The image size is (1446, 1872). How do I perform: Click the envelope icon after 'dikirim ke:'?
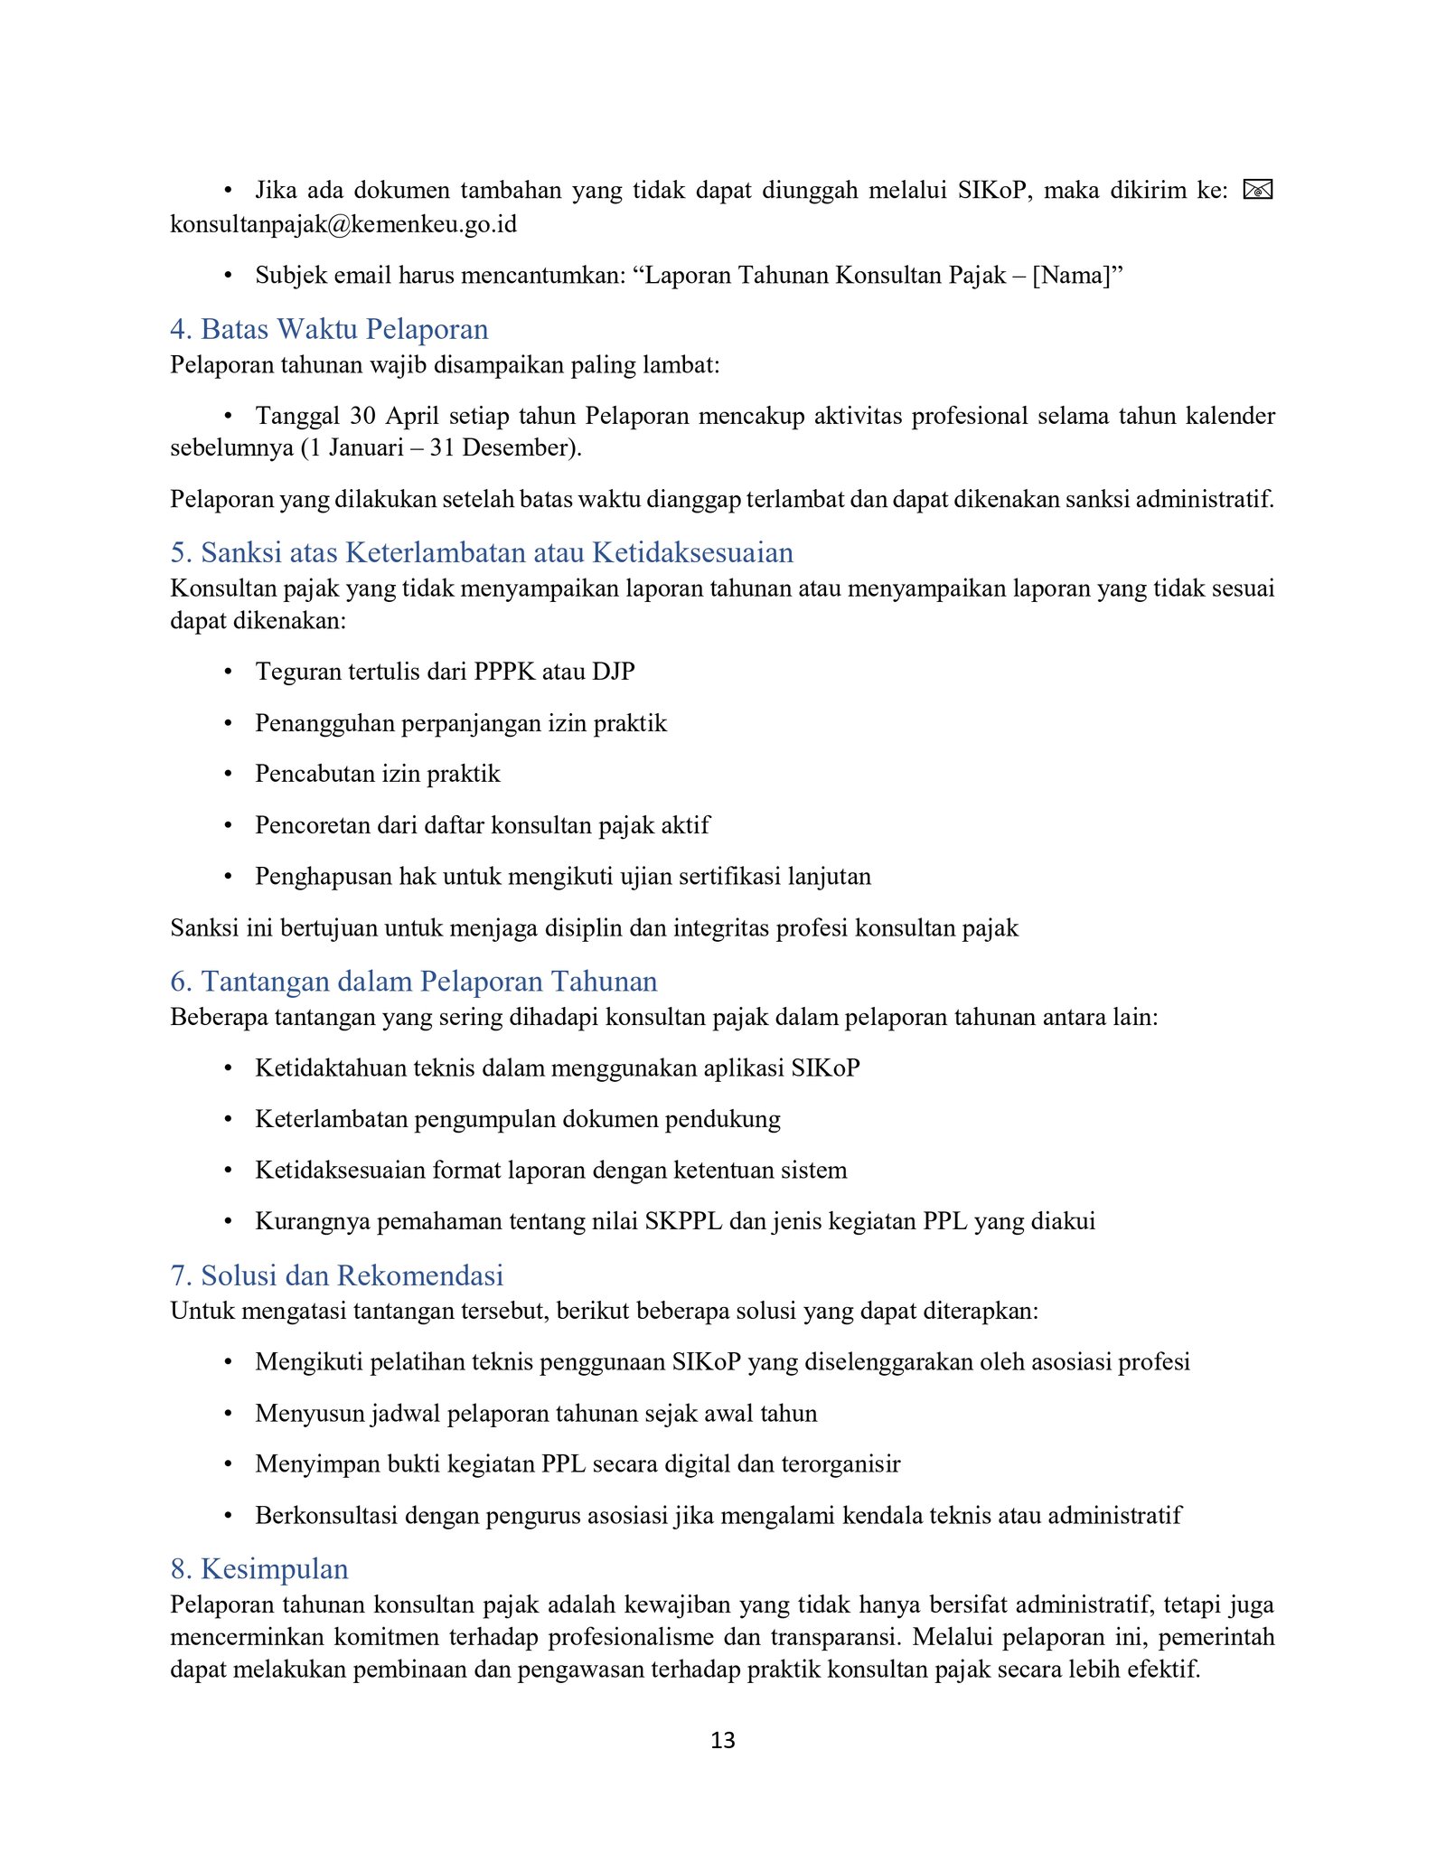(1257, 190)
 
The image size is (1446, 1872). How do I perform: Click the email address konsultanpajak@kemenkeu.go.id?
(343, 223)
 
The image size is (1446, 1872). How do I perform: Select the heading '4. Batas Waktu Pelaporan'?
(329, 329)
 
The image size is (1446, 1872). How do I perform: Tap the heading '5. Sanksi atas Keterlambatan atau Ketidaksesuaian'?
(482, 552)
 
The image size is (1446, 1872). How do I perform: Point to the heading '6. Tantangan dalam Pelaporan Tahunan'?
(413, 981)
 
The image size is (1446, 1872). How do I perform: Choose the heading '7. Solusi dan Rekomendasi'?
(336, 1275)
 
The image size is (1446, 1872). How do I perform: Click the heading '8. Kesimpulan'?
(259, 1568)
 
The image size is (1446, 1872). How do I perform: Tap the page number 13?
(723, 1740)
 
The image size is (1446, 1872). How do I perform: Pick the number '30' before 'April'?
(362, 416)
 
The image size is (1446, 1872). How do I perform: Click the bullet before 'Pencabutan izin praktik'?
(229, 775)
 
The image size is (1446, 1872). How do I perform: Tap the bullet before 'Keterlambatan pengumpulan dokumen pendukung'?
(229, 1120)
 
